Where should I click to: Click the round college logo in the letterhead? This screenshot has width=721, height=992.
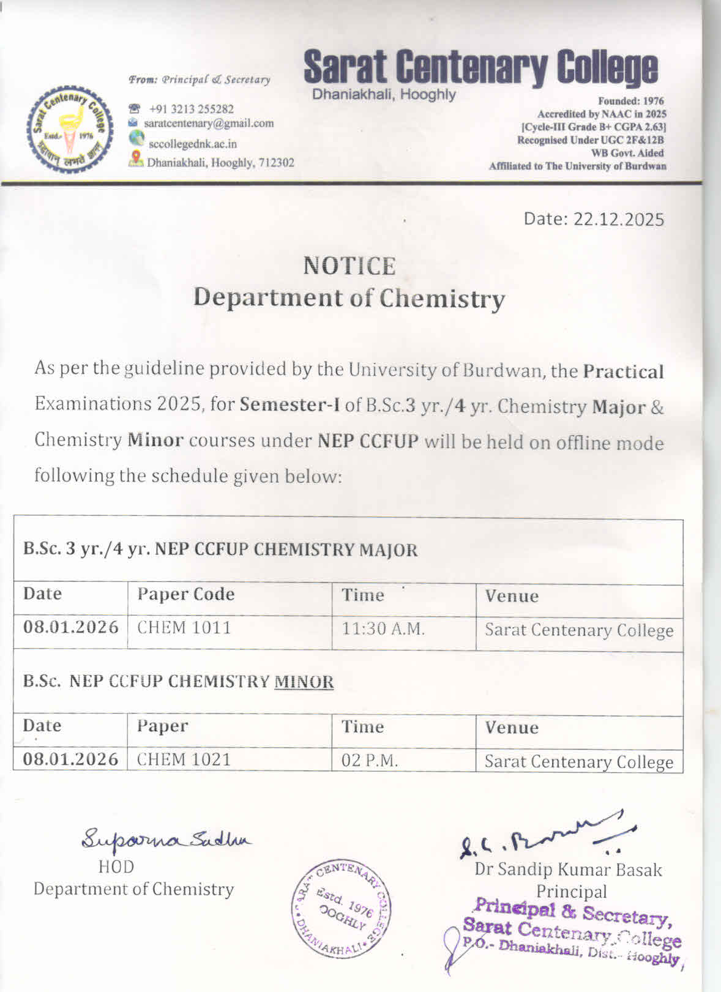[x=70, y=127]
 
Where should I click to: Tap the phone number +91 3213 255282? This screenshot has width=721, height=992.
[x=192, y=109]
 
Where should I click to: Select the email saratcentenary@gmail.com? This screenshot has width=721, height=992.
[x=209, y=123]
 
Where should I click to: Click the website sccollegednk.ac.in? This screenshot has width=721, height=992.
[x=193, y=144]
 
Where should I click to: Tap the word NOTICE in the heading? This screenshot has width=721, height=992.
[x=349, y=266]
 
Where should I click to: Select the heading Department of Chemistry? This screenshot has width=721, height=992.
[x=349, y=298]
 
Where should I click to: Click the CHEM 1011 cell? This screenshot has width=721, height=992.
[x=184, y=628]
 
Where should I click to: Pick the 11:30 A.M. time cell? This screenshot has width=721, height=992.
[x=383, y=628]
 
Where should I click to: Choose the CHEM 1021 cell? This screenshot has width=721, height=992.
[x=184, y=759]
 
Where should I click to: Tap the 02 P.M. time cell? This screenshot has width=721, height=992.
[x=370, y=761]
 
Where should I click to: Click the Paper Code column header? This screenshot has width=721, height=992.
[x=186, y=594]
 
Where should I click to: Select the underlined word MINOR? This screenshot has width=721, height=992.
[x=304, y=682]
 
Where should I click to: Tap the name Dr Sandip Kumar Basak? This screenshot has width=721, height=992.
[x=568, y=870]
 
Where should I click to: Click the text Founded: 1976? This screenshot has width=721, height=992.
[x=630, y=101]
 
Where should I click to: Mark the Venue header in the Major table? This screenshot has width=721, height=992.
[x=512, y=596]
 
